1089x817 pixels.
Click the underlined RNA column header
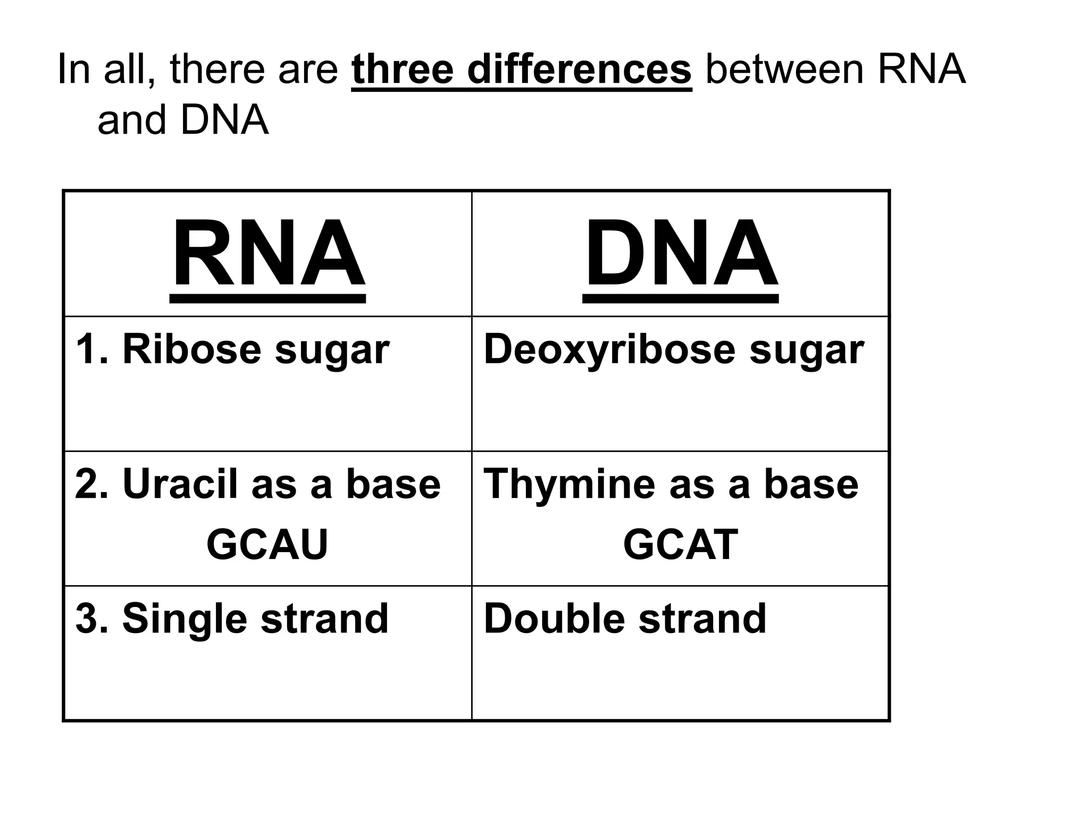point(268,254)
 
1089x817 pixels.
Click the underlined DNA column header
point(681,254)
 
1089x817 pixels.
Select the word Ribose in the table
point(191,349)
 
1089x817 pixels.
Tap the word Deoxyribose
point(609,351)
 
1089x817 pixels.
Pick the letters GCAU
point(267,544)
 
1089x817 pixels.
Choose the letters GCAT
point(680,544)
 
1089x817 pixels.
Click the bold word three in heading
point(403,69)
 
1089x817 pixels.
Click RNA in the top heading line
point(921,69)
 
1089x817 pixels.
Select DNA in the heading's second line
point(224,120)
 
